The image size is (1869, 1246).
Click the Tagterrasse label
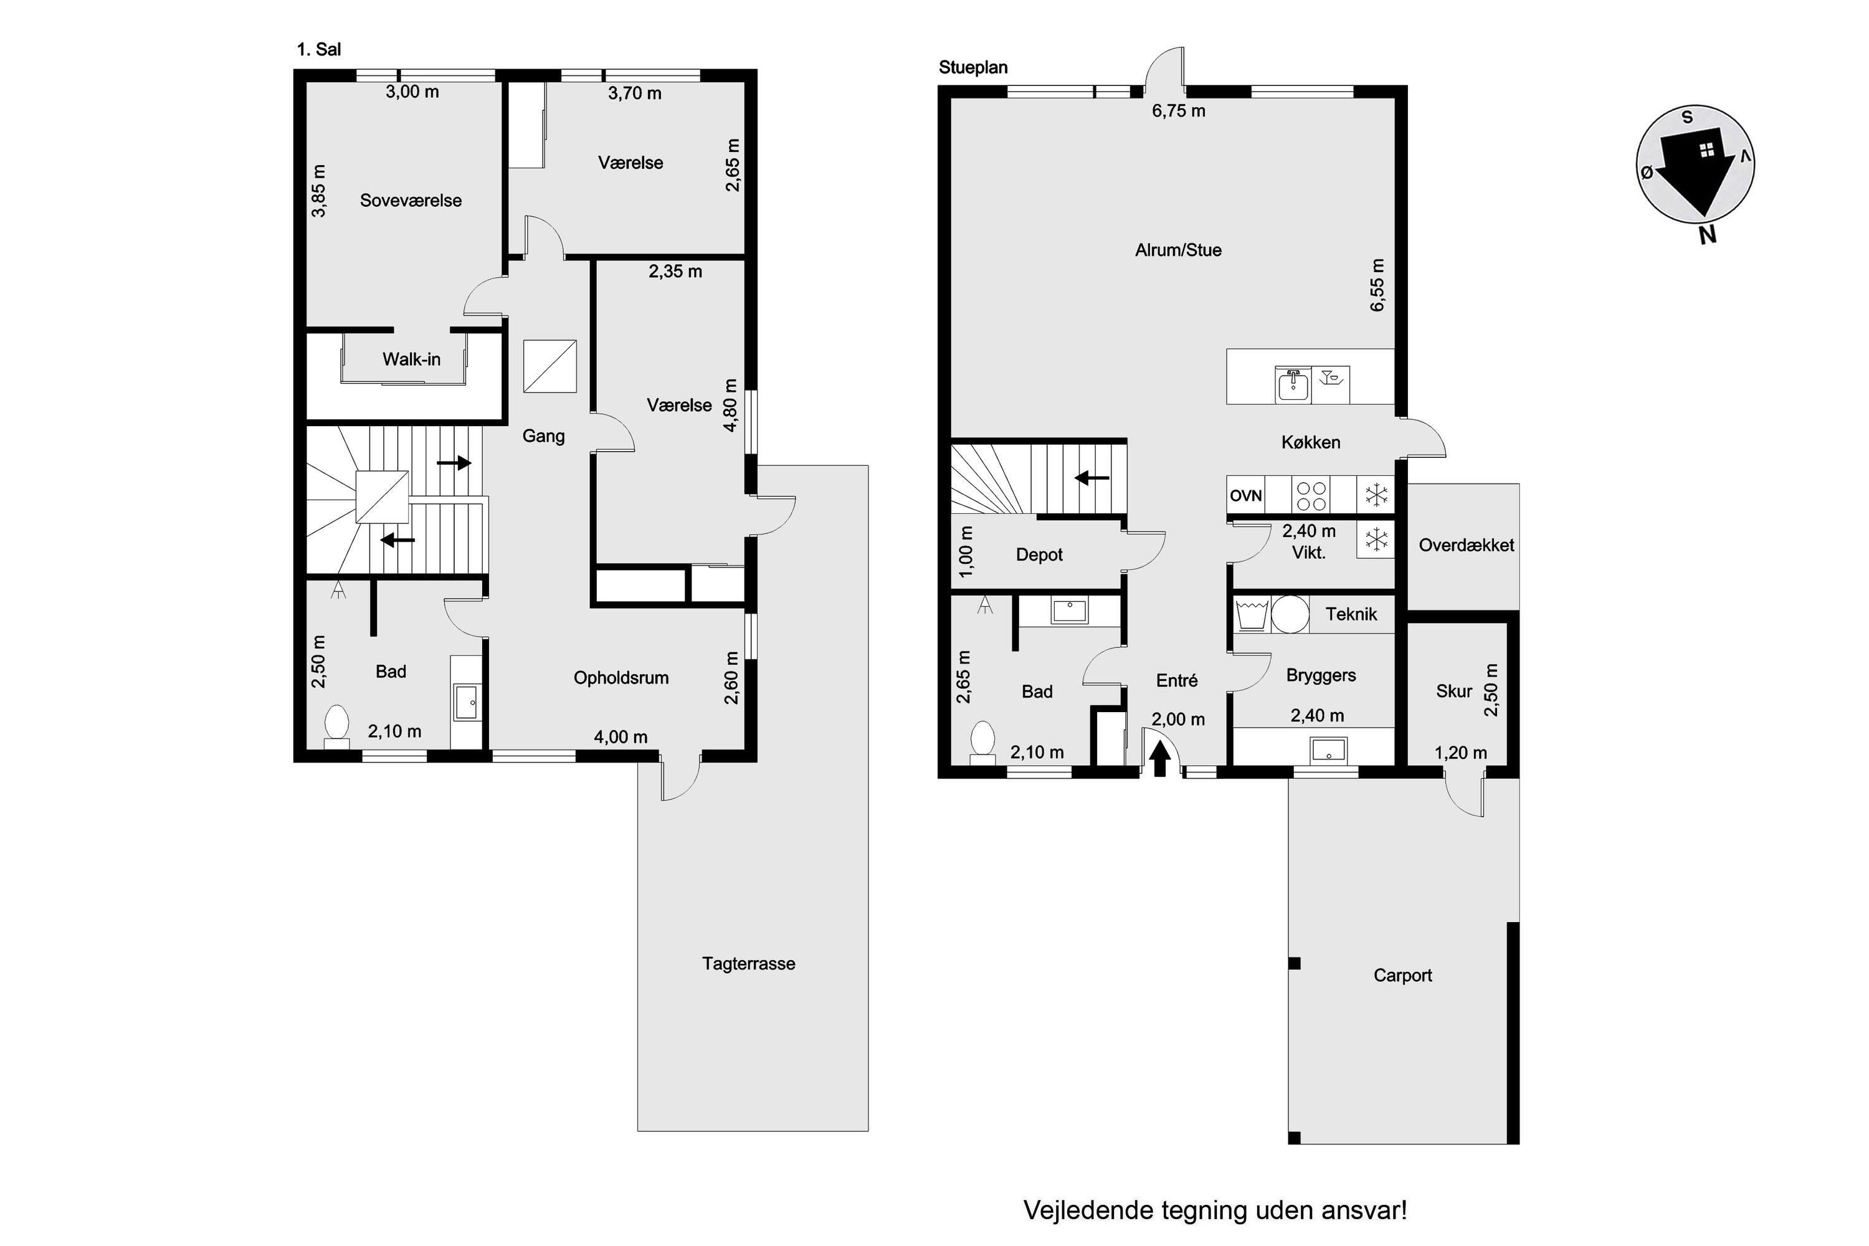(749, 964)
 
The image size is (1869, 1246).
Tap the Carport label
(1402, 976)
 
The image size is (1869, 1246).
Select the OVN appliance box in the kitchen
(1246, 496)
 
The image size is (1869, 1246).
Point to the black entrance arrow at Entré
(1160, 758)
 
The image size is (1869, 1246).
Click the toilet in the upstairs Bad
(337, 726)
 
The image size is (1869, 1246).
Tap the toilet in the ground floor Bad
(983, 742)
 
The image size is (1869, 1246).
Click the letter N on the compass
(1707, 234)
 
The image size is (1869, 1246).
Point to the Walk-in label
(412, 359)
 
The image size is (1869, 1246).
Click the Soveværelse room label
(411, 200)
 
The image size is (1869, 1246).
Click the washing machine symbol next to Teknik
(1251, 614)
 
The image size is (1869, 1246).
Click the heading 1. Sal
(318, 49)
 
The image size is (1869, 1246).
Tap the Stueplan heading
(973, 67)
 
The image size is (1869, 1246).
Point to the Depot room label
(1039, 554)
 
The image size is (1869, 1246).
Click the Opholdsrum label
(621, 678)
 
